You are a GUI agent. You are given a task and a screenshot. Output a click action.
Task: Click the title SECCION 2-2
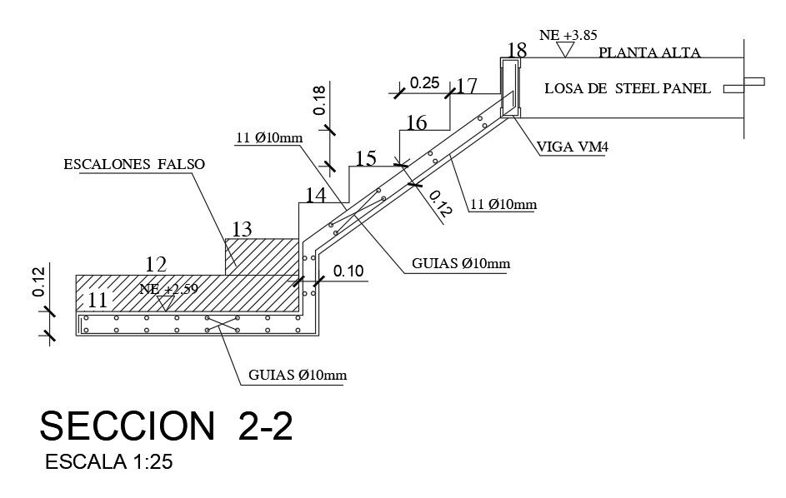[167, 426]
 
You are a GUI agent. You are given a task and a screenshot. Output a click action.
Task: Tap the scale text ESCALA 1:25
[109, 461]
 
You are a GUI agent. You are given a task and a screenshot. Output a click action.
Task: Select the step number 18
[517, 51]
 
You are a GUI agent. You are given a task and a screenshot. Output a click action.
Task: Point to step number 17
[467, 86]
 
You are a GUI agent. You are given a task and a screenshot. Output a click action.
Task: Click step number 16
[416, 124]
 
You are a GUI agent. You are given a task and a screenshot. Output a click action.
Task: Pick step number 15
[366, 158]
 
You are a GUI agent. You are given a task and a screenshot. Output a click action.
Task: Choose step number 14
[316, 196]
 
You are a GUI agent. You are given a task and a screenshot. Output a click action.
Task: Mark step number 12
[156, 265]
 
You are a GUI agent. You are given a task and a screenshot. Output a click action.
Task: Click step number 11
[98, 299]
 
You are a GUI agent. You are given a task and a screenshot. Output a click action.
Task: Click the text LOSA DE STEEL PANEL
[628, 88]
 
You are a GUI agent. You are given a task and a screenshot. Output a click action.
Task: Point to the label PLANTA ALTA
[649, 52]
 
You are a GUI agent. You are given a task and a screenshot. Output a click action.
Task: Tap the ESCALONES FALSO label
[133, 165]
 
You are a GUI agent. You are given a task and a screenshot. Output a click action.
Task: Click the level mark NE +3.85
[564, 36]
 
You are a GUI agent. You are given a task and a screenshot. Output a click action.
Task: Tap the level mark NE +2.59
[170, 290]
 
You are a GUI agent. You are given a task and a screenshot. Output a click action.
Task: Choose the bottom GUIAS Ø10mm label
[297, 375]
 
